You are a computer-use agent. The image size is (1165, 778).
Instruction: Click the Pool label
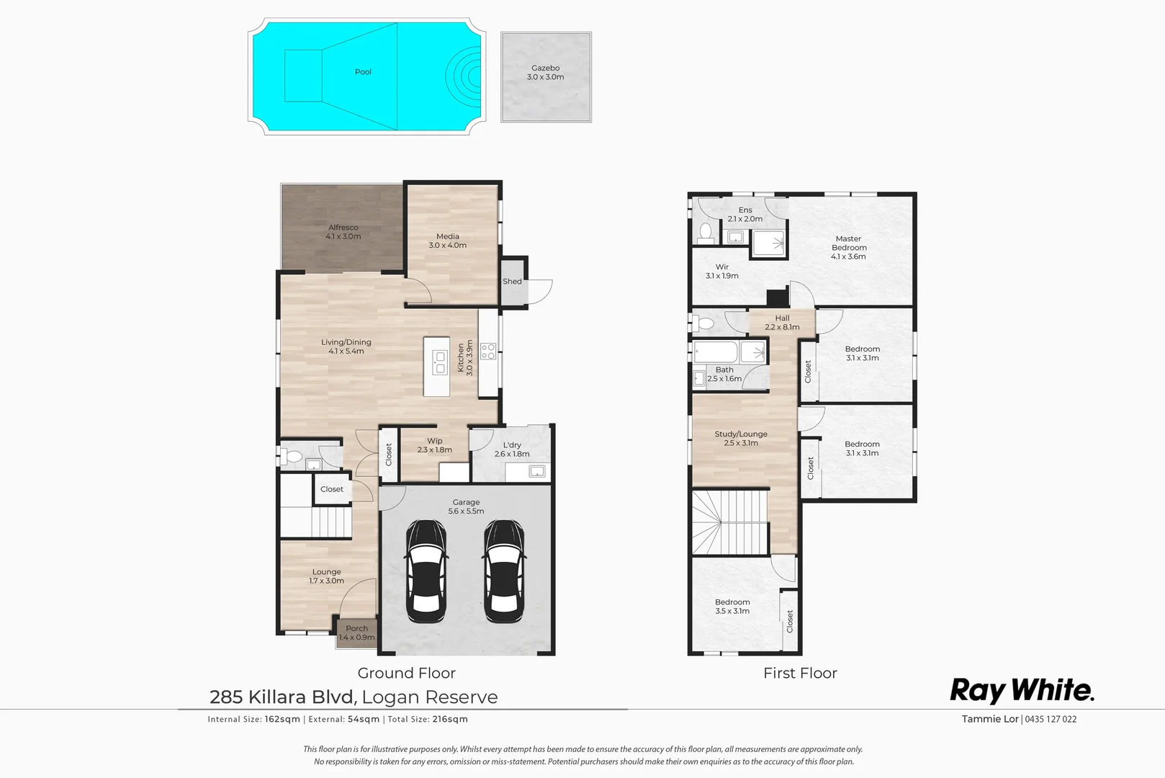[363, 72]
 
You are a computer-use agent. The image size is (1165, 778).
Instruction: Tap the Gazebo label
[545, 72]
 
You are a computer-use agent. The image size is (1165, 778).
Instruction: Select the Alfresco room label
[343, 232]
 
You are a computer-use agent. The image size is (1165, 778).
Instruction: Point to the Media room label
[447, 241]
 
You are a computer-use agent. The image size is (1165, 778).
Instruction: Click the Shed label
[512, 282]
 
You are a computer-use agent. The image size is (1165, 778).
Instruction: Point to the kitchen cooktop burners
[488, 352]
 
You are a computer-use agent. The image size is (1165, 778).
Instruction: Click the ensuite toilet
[705, 233]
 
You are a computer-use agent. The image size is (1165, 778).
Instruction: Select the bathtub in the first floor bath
[716, 352]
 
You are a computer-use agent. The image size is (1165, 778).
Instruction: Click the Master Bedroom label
[848, 247]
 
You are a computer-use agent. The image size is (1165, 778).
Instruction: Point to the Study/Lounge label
[741, 439]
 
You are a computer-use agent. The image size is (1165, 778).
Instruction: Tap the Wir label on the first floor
[722, 271]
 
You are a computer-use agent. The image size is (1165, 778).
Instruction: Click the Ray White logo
[1022, 690]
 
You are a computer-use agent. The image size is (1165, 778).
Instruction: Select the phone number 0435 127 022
[1051, 719]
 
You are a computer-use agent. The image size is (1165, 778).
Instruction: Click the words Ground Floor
[406, 673]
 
